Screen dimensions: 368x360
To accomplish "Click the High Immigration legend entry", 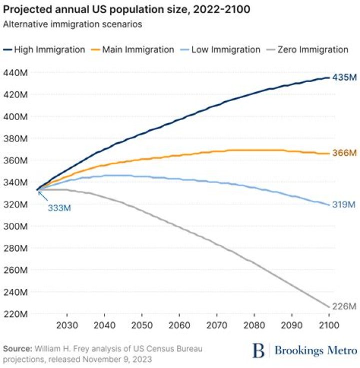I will click(45, 50).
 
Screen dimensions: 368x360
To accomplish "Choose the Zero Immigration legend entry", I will click(309, 50).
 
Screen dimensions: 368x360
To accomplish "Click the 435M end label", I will click(344, 78).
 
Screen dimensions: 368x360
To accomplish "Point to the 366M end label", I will click(344, 153).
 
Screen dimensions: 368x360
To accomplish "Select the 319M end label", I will click(344, 205).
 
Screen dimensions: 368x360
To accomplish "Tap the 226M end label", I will click(344, 306).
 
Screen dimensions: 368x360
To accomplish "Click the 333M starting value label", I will click(59, 208).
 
